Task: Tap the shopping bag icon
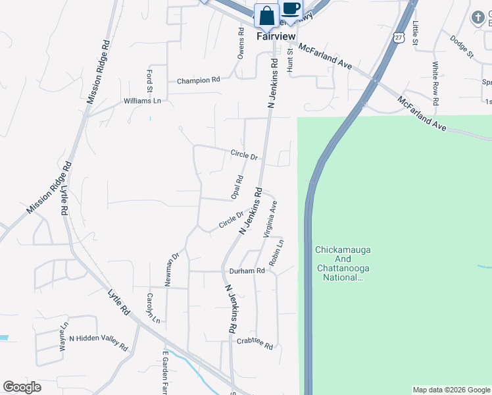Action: coord(267,14)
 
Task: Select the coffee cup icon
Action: coord(291,9)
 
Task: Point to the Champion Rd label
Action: coord(198,81)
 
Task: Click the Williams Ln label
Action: coord(142,101)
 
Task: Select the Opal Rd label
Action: coord(237,187)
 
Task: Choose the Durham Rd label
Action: coord(247,271)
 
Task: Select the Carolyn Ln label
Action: coord(153,308)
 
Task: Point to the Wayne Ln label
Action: coord(64,336)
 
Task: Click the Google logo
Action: coord(22,387)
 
